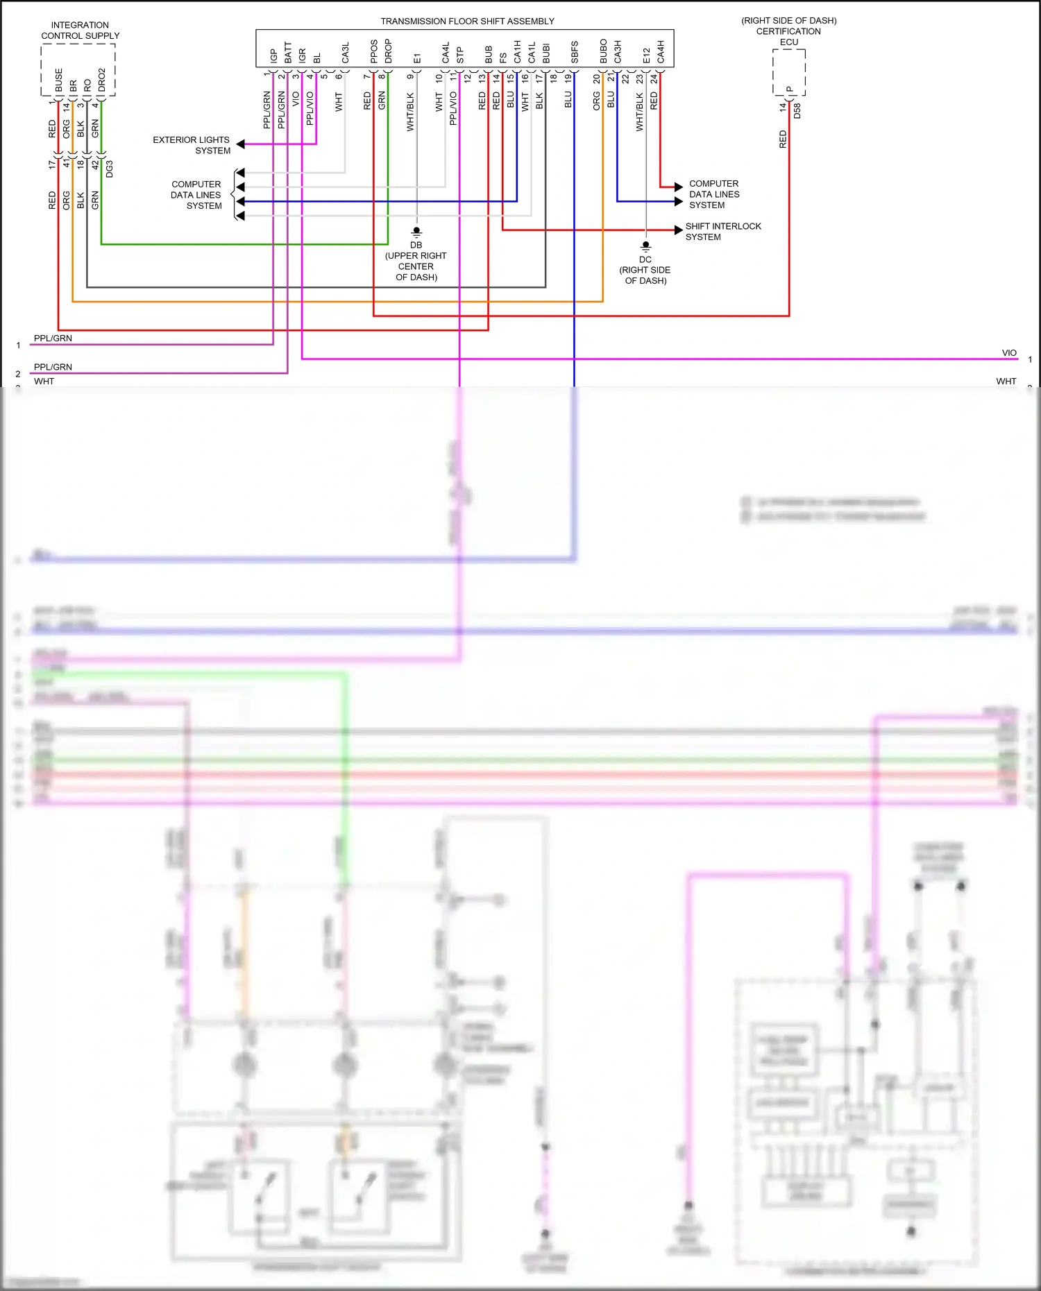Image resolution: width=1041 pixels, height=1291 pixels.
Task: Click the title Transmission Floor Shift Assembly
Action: [467, 22]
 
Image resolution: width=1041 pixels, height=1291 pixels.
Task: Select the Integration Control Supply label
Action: [80, 31]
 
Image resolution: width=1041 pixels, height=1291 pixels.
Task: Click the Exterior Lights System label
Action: [192, 145]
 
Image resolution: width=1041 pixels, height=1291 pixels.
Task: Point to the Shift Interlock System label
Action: [722, 232]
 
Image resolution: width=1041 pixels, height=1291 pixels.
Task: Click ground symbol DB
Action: [416, 232]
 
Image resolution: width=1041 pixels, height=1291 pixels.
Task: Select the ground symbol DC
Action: [645, 246]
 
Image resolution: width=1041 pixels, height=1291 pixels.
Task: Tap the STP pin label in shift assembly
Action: [459, 55]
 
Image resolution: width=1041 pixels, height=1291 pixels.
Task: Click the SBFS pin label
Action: [575, 53]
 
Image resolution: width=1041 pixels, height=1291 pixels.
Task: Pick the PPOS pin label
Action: [373, 51]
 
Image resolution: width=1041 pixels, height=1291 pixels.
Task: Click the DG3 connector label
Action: [109, 169]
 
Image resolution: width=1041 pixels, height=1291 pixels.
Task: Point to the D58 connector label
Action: [797, 111]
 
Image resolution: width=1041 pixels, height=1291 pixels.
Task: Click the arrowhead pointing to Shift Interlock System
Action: [679, 230]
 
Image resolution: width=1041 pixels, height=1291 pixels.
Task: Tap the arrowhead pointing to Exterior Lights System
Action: [241, 144]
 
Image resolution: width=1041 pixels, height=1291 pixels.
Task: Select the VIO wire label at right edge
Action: [1008, 353]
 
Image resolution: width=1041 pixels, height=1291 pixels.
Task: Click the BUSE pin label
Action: [58, 80]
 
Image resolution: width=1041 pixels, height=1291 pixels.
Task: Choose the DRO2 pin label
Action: [101, 80]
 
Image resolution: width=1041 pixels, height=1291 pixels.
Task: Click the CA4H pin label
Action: [661, 52]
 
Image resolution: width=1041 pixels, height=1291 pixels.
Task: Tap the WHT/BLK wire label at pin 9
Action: [409, 112]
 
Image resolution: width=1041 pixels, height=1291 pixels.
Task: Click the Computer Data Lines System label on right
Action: [713, 194]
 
